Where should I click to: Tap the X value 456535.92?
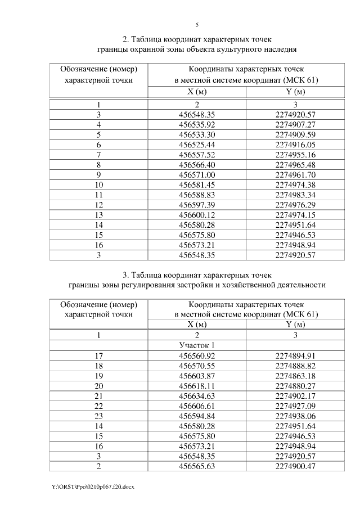(x=197, y=124)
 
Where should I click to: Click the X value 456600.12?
(x=197, y=215)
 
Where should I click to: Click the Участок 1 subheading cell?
(x=197, y=345)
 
